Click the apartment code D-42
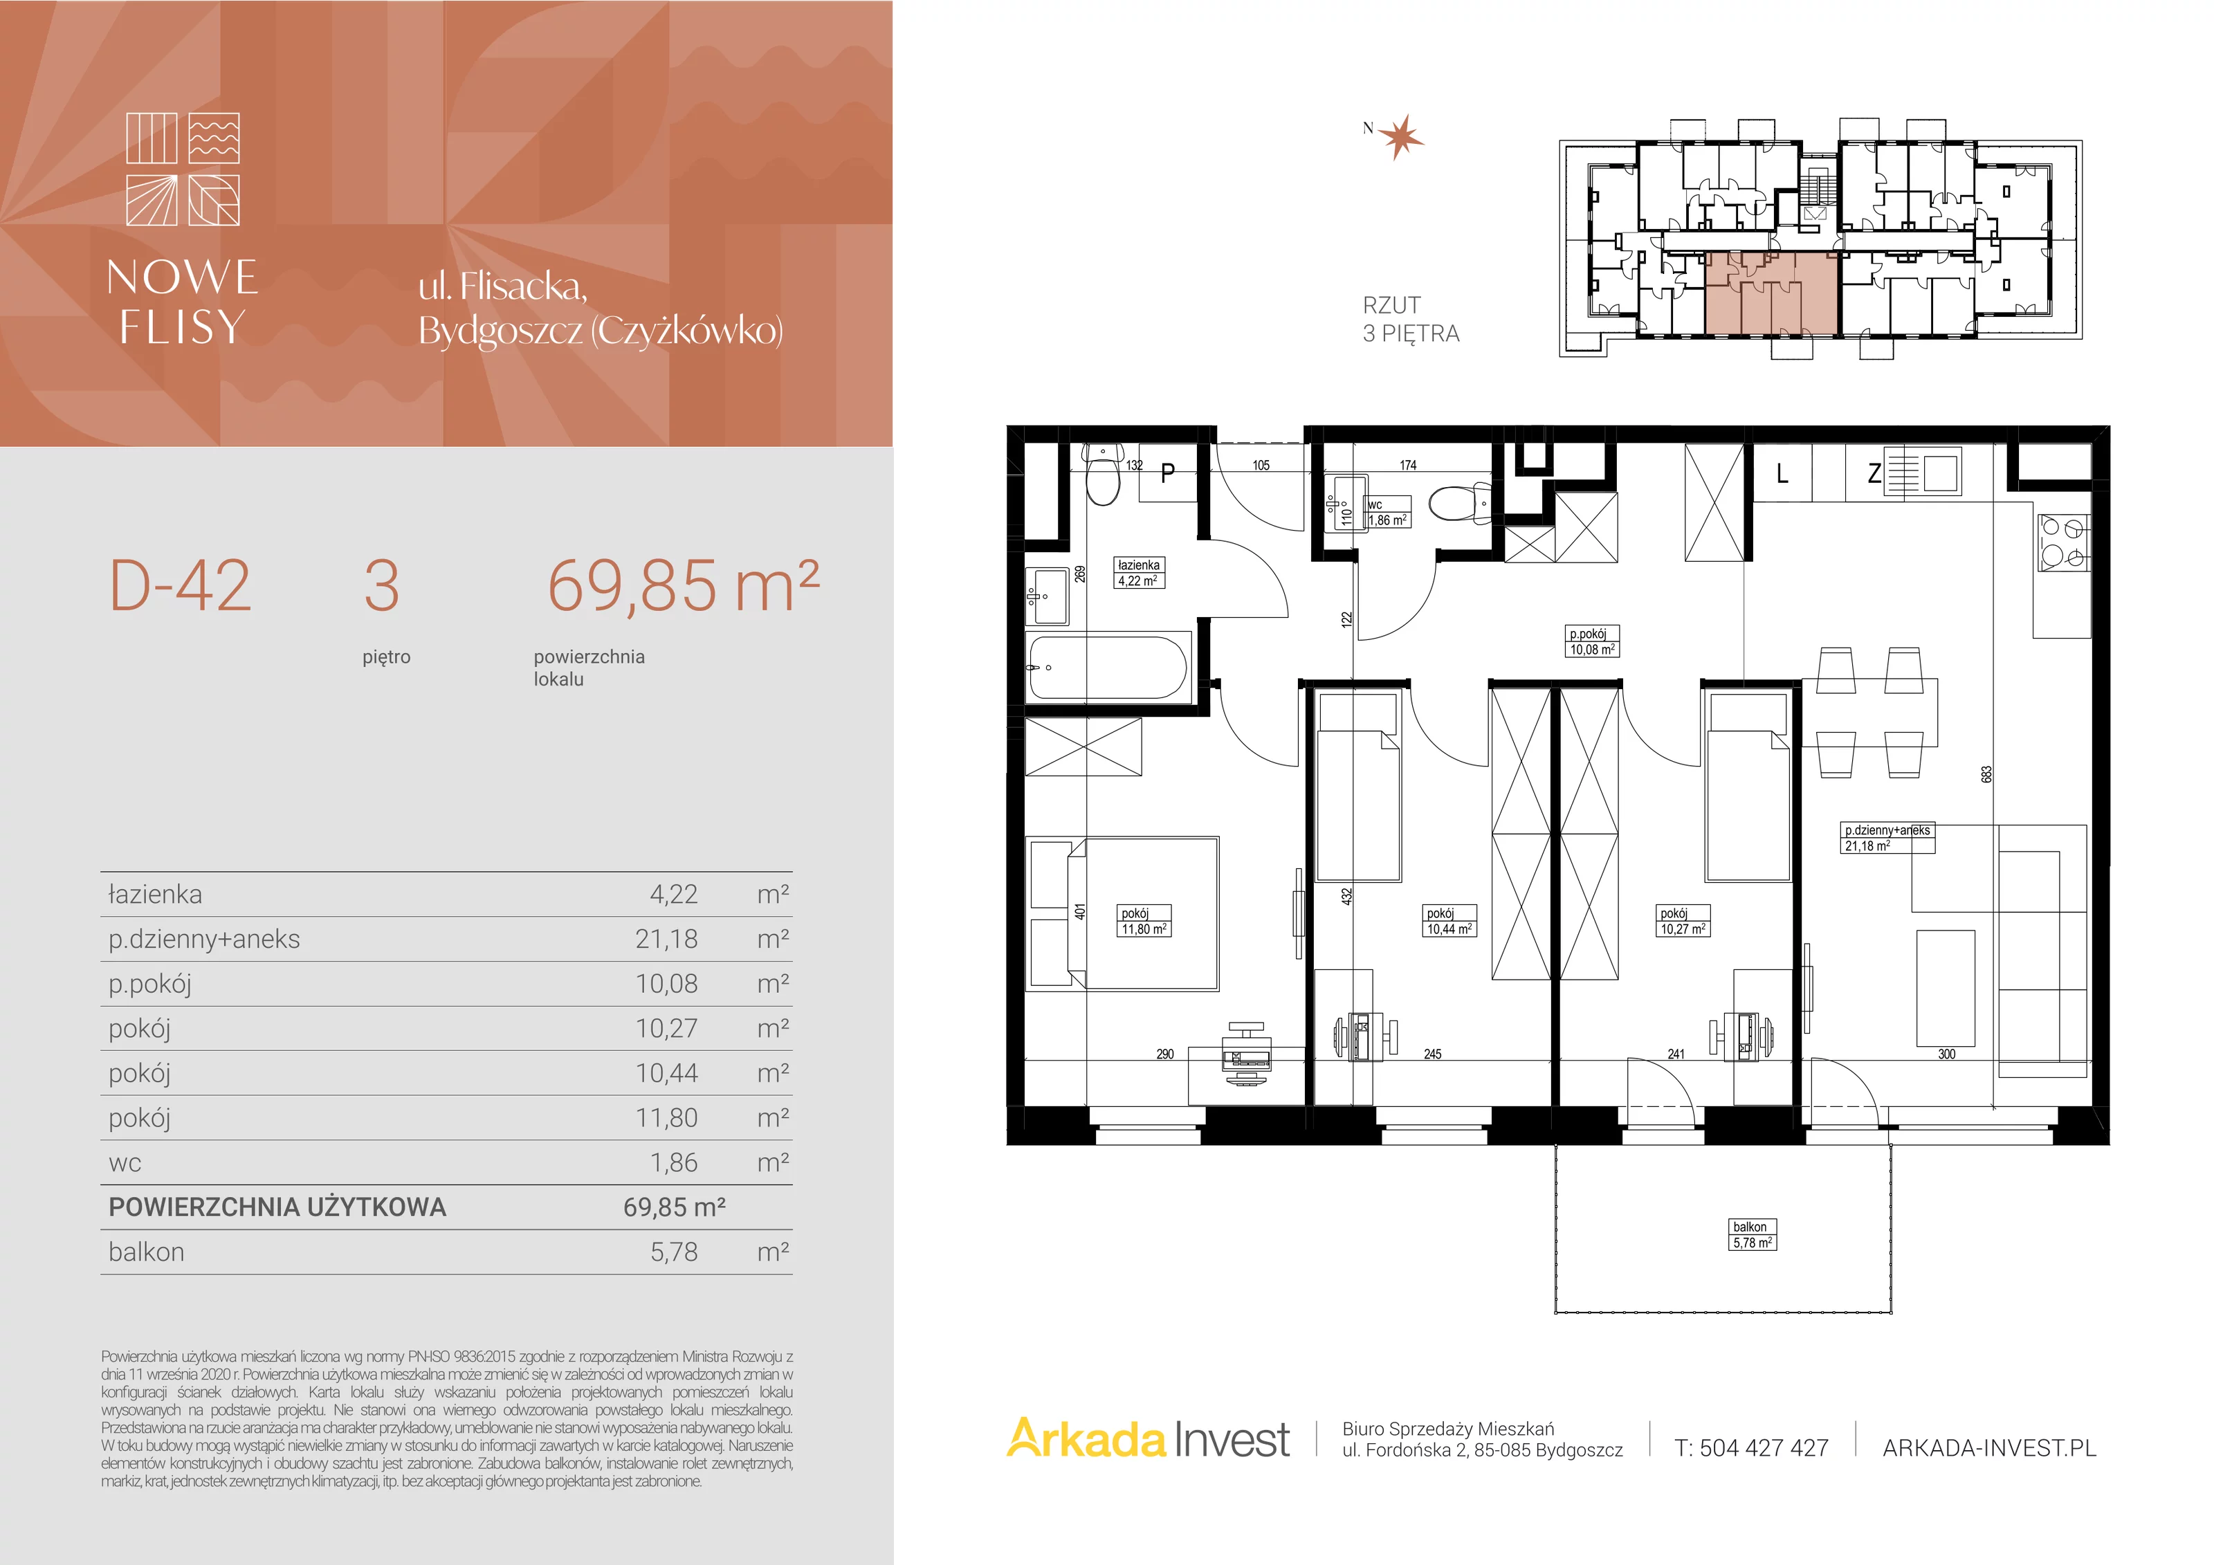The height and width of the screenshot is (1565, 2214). (x=181, y=585)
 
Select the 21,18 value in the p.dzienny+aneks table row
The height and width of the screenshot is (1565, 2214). (x=666, y=939)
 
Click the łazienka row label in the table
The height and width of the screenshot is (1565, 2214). (x=155, y=894)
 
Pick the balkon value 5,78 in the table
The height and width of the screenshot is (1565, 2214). (x=674, y=1252)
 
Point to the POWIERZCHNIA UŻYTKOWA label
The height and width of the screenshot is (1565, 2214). (x=277, y=1207)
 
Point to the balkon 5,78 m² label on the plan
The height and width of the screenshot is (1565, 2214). (x=1751, y=1234)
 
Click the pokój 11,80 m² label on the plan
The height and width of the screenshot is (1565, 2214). (x=1144, y=921)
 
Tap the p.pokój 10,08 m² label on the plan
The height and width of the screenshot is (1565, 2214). (x=1591, y=641)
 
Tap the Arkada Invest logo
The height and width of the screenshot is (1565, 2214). (x=1148, y=1440)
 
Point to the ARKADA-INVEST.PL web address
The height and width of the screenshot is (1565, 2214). (x=1989, y=1448)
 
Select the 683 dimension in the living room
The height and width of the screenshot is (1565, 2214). (x=1986, y=774)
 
